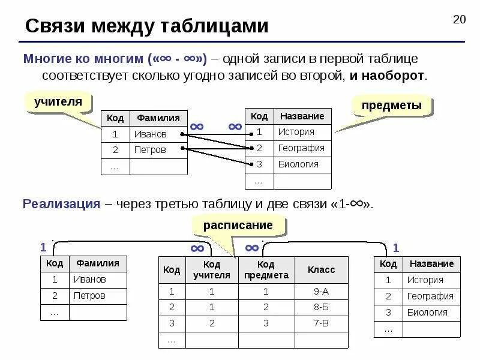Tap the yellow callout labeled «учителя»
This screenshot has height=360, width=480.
(58, 101)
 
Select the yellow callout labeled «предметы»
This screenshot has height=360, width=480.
(391, 106)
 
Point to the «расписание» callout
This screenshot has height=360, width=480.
(238, 225)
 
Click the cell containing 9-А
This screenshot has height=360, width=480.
(321, 292)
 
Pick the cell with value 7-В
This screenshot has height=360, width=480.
(321, 323)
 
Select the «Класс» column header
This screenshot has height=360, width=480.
(321, 270)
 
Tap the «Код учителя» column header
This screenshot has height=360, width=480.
(211, 270)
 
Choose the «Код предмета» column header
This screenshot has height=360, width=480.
(266, 270)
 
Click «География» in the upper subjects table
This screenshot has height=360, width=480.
(301, 148)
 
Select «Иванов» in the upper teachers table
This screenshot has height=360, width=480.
(150, 134)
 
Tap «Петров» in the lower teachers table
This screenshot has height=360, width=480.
(89, 295)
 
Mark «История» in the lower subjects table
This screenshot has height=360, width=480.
(425, 280)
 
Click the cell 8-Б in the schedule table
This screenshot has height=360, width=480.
(321, 307)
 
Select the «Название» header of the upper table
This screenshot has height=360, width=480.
(301, 116)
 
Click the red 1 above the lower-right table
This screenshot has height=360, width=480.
(396, 248)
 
